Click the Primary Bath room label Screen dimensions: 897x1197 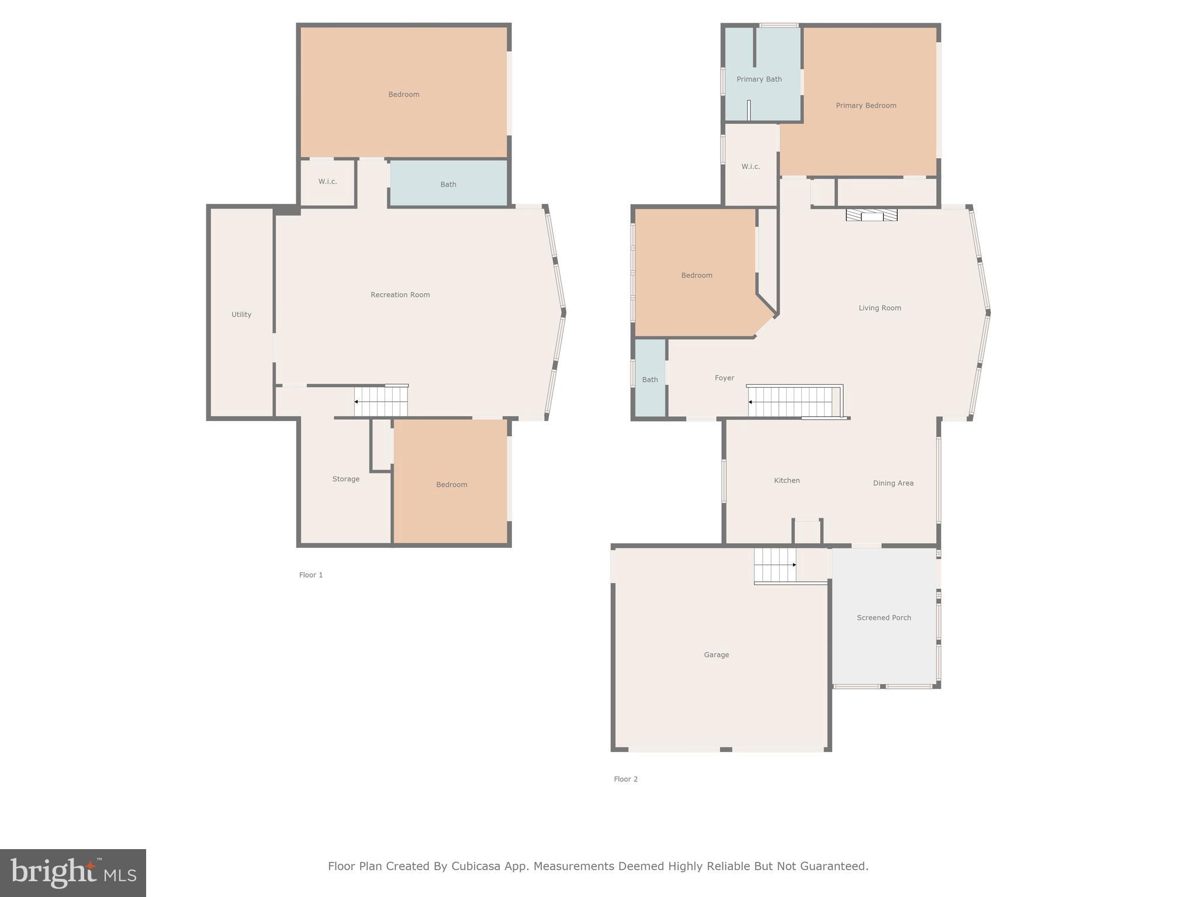pyautogui.click(x=759, y=79)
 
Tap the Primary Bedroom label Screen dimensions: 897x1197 pyautogui.click(x=866, y=106)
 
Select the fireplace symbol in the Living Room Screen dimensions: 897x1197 pyautogui.click(x=871, y=215)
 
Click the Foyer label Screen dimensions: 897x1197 pyautogui.click(x=724, y=378)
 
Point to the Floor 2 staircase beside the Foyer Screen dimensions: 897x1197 pyautogui.click(x=794, y=402)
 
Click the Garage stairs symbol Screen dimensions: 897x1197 pyautogui.click(x=775, y=565)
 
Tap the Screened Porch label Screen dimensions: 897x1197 pyautogui.click(x=884, y=618)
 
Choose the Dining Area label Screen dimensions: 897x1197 pyautogui.click(x=893, y=484)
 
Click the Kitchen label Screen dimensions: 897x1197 pyautogui.click(x=787, y=481)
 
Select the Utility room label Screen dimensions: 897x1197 pyautogui.click(x=241, y=315)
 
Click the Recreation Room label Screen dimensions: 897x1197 pyautogui.click(x=400, y=295)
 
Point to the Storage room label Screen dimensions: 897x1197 pyautogui.click(x=345, y=479)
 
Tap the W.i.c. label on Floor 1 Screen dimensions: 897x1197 pyautogui.click(x=327, y=182)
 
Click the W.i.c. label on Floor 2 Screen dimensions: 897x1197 pyautogui.click(x=750, y=167)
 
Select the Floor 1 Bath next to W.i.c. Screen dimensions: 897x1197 pyautogui.click(x=448, y=185)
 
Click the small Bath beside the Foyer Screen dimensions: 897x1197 pyautogui.click(x=650, y=380)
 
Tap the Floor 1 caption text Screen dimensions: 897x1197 pyautogui.click(x=311, y=575)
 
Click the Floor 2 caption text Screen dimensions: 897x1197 pyautogui.click(x=625, y=779)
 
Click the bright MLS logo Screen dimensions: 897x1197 pyautogui.click(x=73, y=872)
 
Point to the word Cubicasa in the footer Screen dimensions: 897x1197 pyautogui.click(x=475, y=866)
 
